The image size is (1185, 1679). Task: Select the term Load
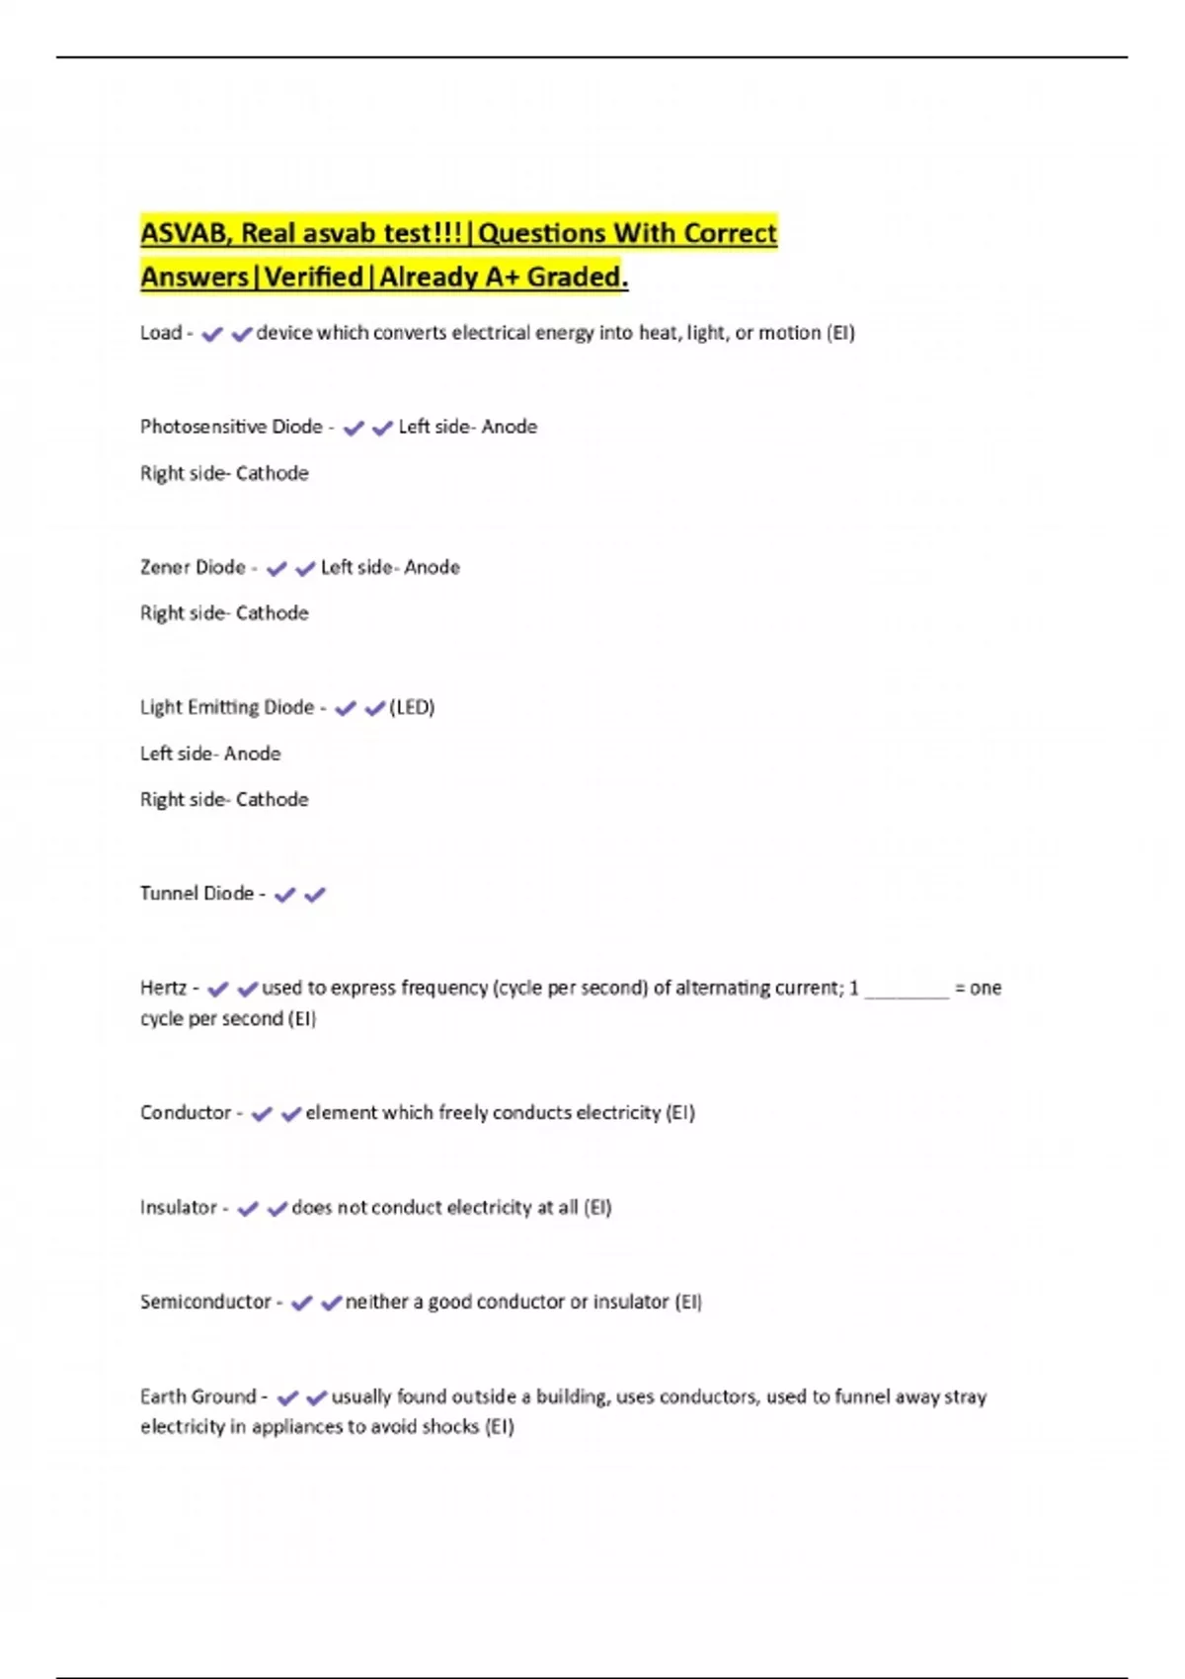(x=161, y=333)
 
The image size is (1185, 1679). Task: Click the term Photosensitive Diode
(x=231, y=427)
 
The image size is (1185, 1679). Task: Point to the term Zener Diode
(x=193, y=567)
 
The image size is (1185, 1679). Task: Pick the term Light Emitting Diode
(x=227, y=707)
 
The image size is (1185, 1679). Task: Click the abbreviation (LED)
(x=412, y=707)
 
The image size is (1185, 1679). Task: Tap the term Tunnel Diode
(x=197, y=893)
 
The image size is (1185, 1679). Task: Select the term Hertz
(x=163, y=988)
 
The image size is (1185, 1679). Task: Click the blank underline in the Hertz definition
(x=906, y=992)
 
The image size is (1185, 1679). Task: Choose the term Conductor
(x=186, y=1112)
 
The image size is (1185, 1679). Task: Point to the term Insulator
(x=179, y=1207)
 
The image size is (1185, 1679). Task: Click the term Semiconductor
(x=205, y=1302)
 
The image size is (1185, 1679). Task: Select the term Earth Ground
(x=197, y=1397)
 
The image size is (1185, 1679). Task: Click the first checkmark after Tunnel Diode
(x=285, y=895)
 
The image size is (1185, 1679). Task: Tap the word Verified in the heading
(x=313, y=277)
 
